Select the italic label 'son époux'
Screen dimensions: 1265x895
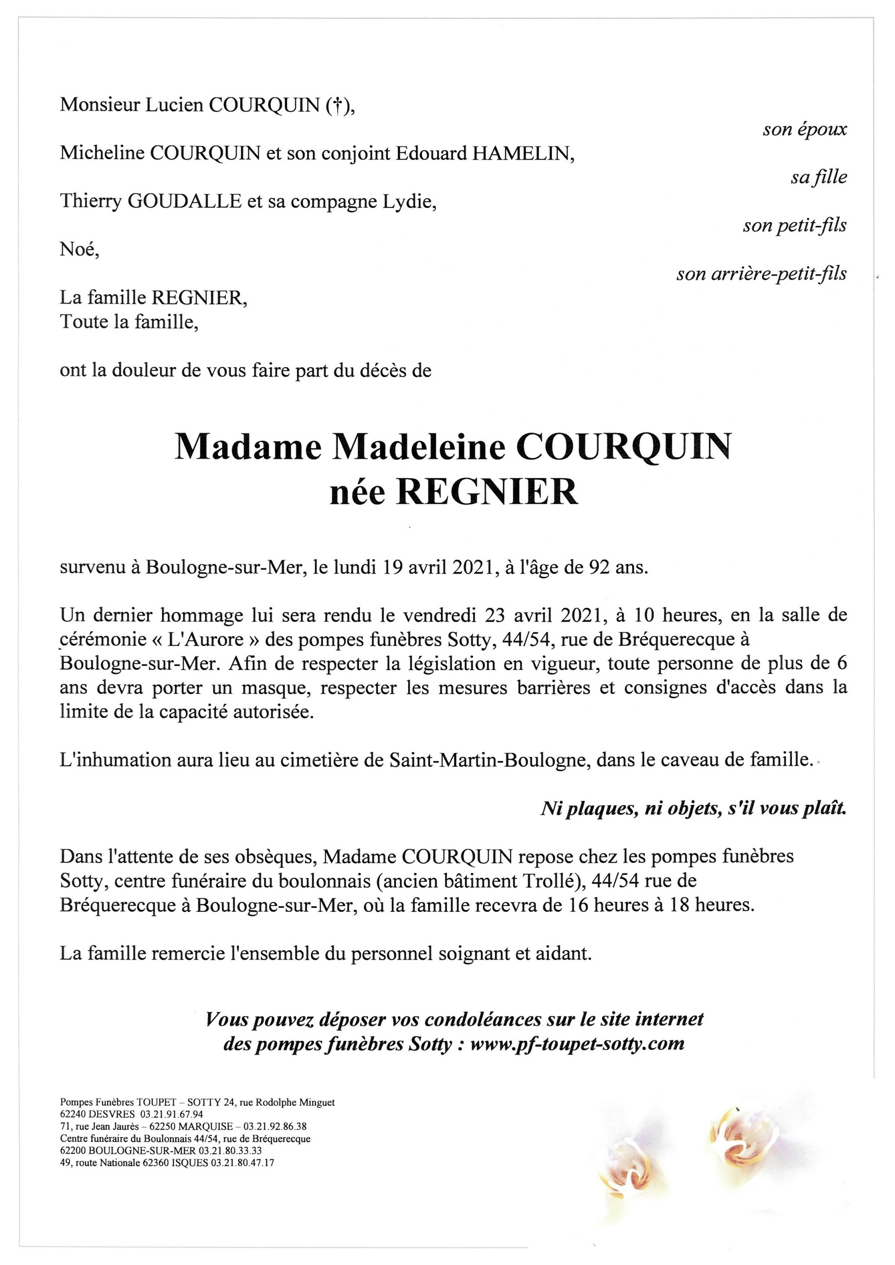[x=804, y=130]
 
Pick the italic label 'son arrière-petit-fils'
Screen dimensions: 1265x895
[x=761, y=274]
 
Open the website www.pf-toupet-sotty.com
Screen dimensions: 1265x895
[x=577, y=1044]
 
